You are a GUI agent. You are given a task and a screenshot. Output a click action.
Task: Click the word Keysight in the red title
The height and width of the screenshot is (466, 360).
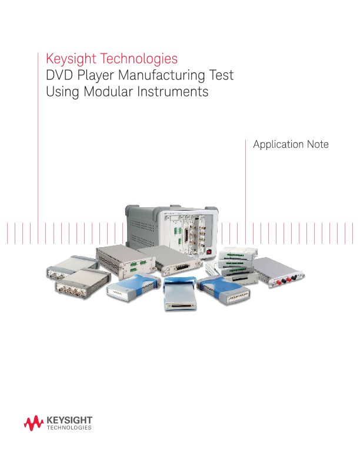pyautogui.click(x=69, y=59)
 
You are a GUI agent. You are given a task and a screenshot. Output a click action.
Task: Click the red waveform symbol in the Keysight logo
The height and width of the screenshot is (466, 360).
pyautogui.click(x=33, y=422)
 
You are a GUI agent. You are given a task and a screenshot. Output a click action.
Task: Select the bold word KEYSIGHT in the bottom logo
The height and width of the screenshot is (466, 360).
pyautogui.click(x=69, y=420)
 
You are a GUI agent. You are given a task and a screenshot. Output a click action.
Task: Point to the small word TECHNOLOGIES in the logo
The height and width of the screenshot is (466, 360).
pyautogui.click(x=69, y=428)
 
